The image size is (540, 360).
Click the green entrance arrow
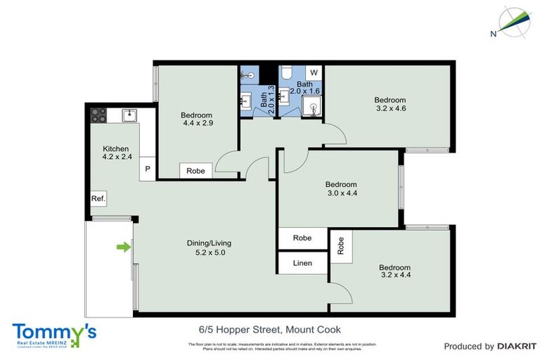point(123,247)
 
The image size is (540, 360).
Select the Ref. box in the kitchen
point(98,199)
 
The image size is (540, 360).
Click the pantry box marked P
point(148,169)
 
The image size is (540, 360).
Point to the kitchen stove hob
point(97,115)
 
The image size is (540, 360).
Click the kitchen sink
point(129,115)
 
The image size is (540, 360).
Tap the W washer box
point(314,72)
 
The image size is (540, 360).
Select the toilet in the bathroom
point(286,74)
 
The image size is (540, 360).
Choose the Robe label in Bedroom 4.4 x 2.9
point(195,170)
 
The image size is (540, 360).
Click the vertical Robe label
point(341,245)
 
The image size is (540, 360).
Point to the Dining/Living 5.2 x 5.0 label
point(209,247)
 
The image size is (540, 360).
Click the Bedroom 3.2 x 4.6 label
point(390,104)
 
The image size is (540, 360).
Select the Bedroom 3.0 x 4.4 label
point(341,188)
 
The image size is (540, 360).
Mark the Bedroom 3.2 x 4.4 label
point(394,271)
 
